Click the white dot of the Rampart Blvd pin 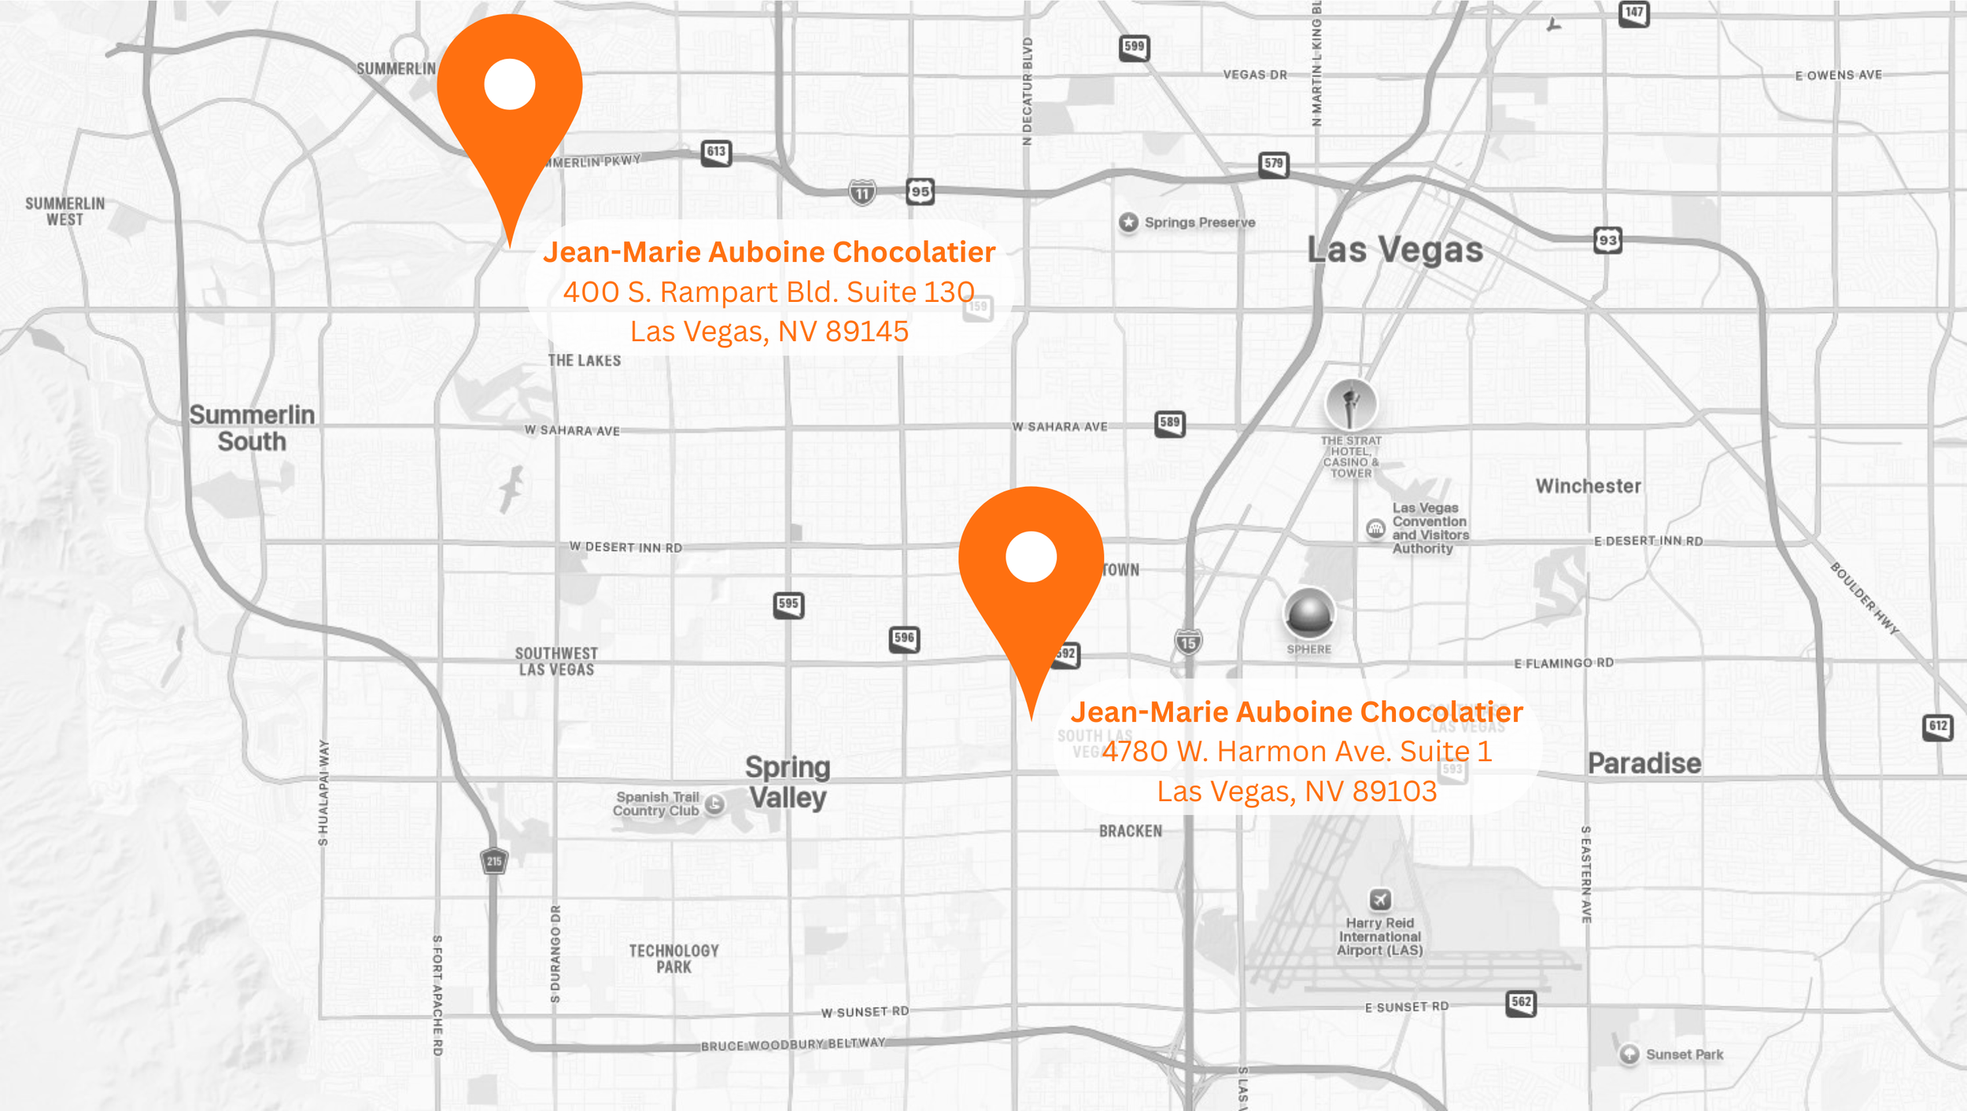coord(510,84)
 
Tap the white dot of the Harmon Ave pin coord(1031,557)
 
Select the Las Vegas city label coord(1395,250)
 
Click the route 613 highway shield coord(716,153)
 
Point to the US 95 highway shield coord(920,191)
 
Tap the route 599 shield coord(1134,47)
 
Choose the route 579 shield coord(1273,164)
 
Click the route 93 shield coord(1607,241)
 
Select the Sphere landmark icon coord(1309,614)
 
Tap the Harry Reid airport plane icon coord(1380,899)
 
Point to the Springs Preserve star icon coord(1128,223)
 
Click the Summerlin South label coord(252,429)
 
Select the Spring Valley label coord(788,782)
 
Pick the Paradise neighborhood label coord(1644,763)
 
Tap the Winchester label coord(1589,486)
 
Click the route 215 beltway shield coord(494,861)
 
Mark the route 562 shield coord(1521,1002)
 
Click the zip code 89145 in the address coord(867,332)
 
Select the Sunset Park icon coord(1629,1054)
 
